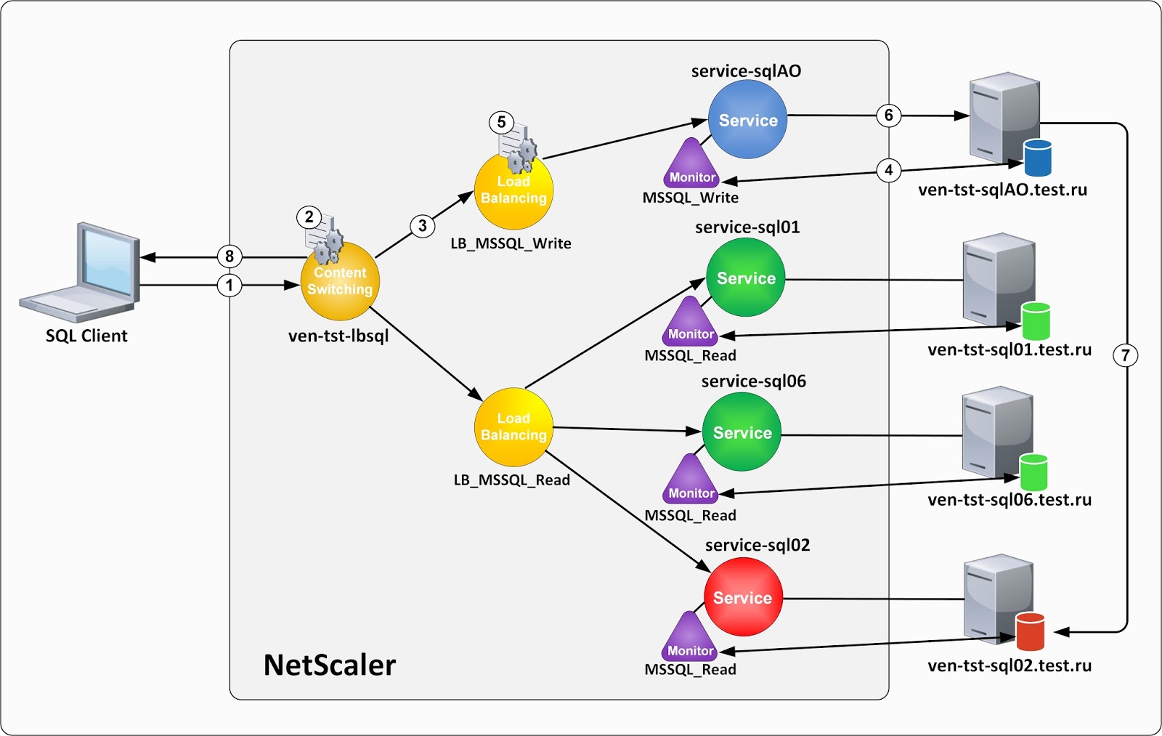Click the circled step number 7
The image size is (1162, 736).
1125,355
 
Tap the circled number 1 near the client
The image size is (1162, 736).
229,285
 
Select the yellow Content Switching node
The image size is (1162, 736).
340,281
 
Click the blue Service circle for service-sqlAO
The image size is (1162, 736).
747,120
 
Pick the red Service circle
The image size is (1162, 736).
743,597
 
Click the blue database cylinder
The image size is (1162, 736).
1037,158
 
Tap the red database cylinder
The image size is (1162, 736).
1029,631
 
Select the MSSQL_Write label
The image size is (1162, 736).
690,198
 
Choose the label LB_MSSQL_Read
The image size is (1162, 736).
511,480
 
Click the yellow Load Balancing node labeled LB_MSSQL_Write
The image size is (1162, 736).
513,190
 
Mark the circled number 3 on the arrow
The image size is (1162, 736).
422,225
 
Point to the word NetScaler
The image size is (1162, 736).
329,665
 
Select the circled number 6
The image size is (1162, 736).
888,115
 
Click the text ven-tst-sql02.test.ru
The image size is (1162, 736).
1009,666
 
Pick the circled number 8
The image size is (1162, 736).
229,256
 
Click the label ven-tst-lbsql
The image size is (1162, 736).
338,336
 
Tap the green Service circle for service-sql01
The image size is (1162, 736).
745,278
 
